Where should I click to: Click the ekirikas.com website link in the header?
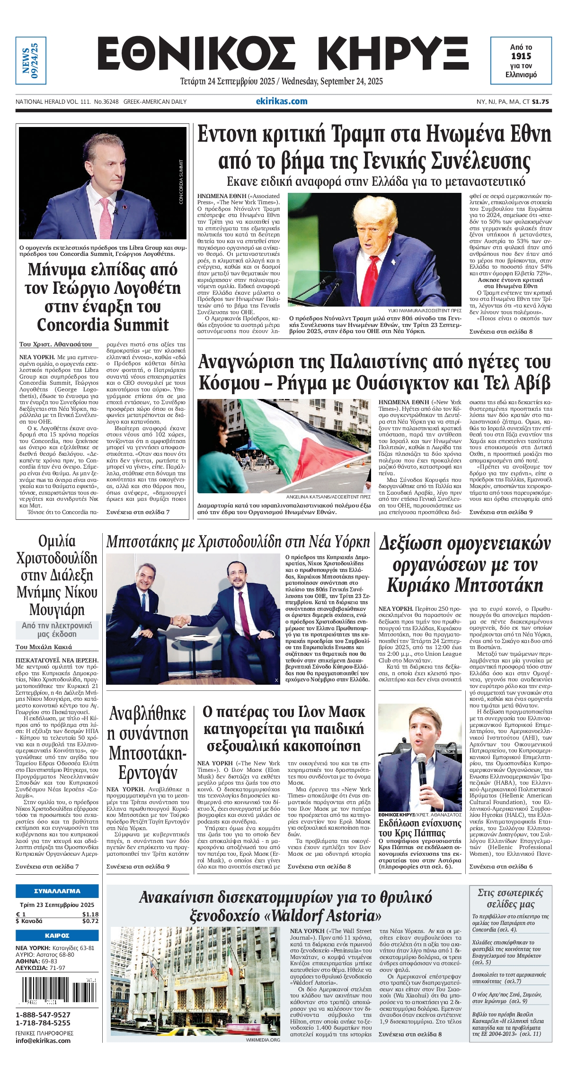[282, 101]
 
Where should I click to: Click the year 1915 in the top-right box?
[521, 56]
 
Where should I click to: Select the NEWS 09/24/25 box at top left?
[31, 61]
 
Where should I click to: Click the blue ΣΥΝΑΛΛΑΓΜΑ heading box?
[57, 891]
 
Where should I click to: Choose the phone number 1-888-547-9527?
[43, 1015]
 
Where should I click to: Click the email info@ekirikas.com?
[43, 1041]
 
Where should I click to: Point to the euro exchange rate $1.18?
[90, 915]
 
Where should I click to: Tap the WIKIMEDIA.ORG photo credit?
[263, 1040]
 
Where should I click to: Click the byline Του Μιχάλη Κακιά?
[44, 647]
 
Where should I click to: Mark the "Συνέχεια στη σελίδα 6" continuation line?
[501, 866]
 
